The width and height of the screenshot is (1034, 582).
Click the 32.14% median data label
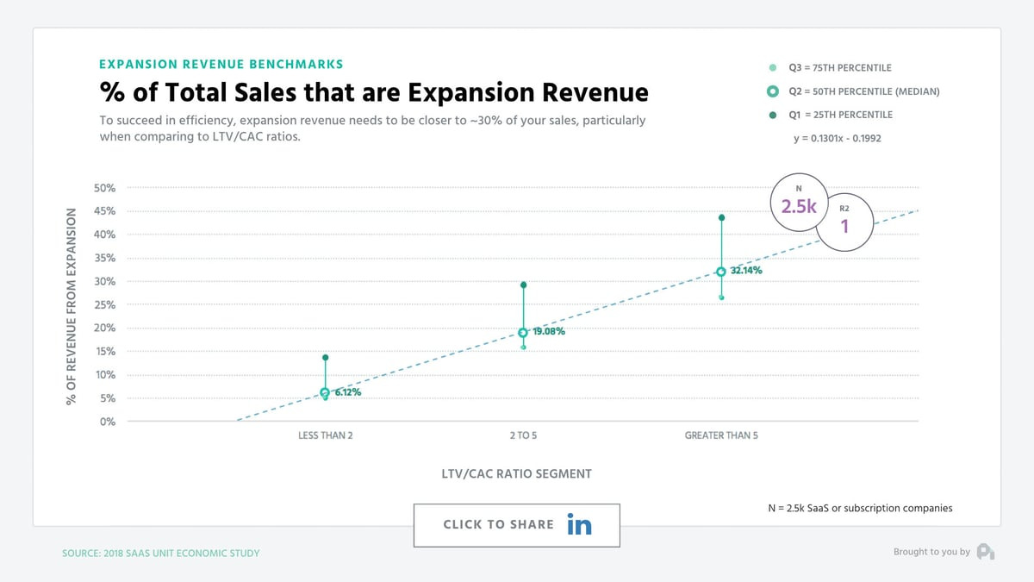(746, 271)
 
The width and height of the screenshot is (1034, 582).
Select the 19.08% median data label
(549, 331)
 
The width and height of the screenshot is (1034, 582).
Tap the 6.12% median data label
(347, 392)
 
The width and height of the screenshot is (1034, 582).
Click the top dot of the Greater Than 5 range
(721, 217)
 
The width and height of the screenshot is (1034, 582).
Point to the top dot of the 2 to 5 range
(523, 285)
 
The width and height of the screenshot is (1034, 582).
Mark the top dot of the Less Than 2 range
(325, 357)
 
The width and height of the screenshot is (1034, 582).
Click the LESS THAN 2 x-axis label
(325, 435)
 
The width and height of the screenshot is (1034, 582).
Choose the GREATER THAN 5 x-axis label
(721, 435)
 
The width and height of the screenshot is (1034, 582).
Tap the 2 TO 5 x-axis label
(523, 435)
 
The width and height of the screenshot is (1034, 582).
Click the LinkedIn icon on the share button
(579, 524)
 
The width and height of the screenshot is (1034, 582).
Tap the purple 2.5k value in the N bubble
(798, 208)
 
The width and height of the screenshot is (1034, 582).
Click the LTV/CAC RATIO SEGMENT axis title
(516, 473)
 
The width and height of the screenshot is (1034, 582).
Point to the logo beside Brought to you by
(986, 552)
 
